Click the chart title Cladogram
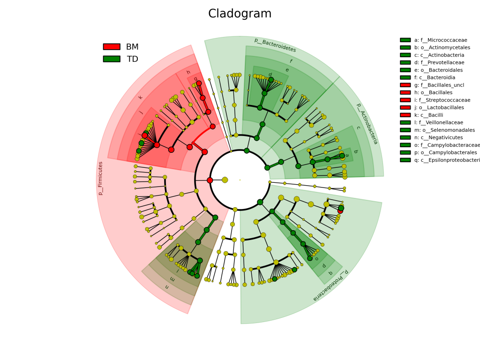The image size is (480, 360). (240, 14)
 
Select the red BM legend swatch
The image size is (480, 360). (112, 47)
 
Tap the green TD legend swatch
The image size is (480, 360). (112, 59)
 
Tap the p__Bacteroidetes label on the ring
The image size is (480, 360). (275, 45)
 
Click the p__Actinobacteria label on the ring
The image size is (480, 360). (367, 124)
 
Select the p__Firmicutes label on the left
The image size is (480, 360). (100, 178)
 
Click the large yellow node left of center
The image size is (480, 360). (225, 180)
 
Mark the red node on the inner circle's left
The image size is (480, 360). (210, 180)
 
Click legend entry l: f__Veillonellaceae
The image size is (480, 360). (438, 123)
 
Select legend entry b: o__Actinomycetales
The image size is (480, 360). (442, 48)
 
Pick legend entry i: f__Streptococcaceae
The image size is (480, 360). (442, 100)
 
